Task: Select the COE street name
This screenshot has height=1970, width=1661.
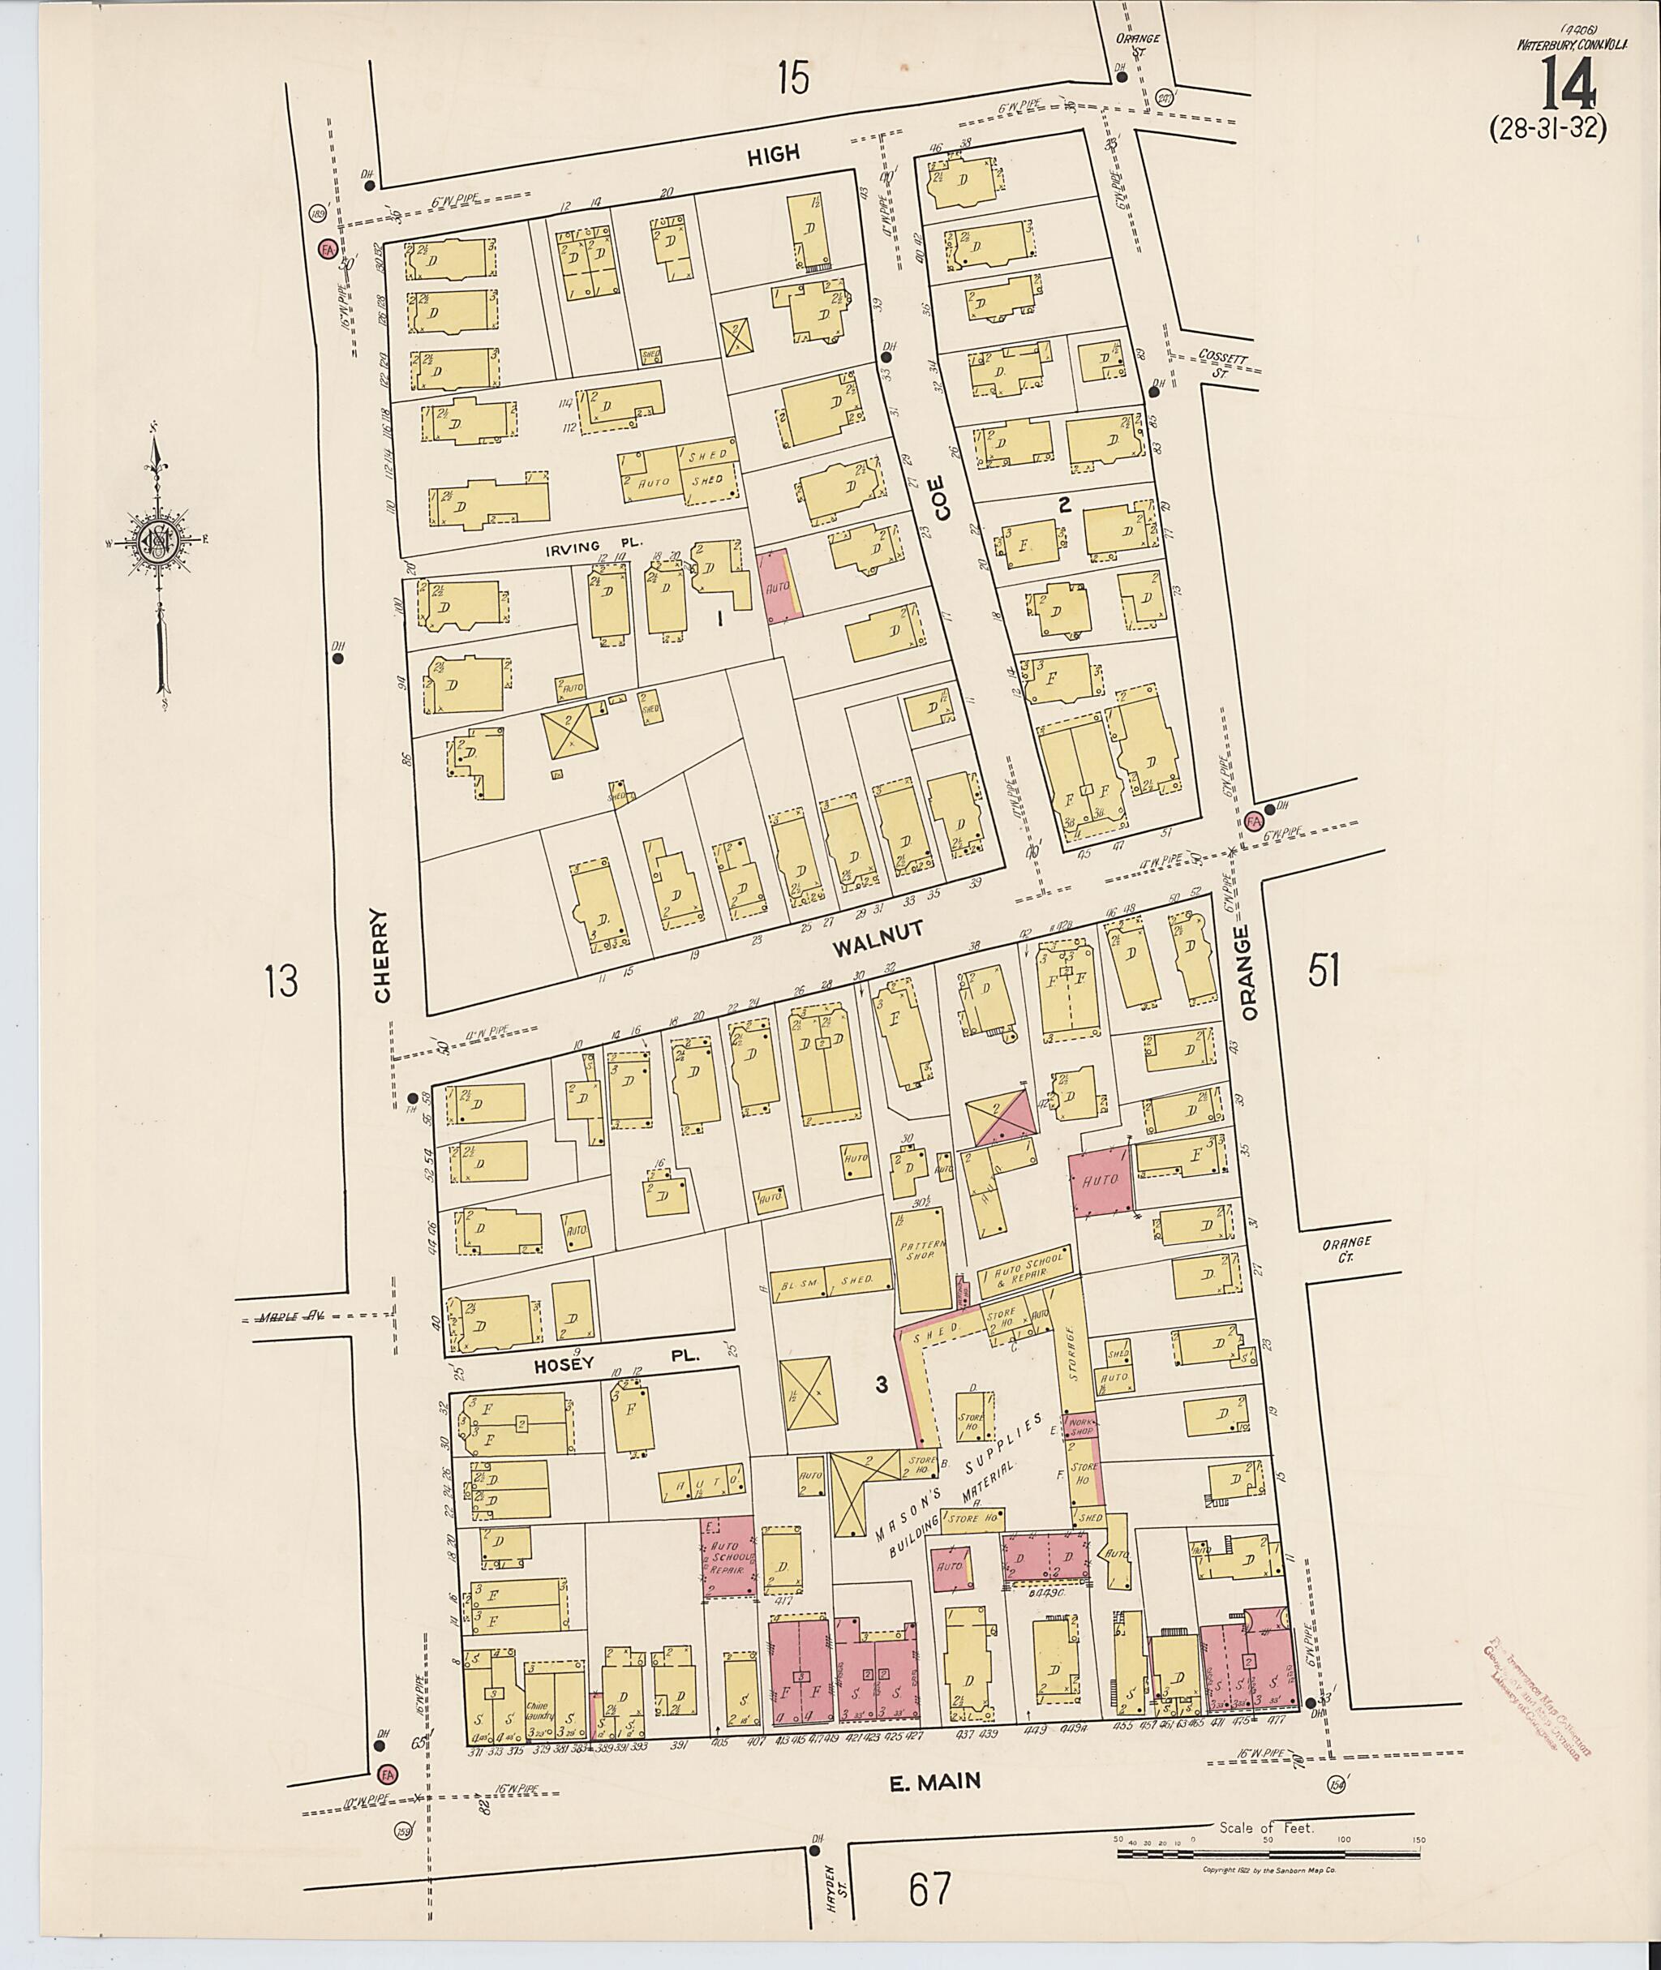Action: tap(942, 497)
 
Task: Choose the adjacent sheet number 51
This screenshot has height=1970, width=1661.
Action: tap(1323, 970)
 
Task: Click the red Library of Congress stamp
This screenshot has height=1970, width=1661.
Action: tap(1533, 1696)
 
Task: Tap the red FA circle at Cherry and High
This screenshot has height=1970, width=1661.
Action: tap(328, 250)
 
